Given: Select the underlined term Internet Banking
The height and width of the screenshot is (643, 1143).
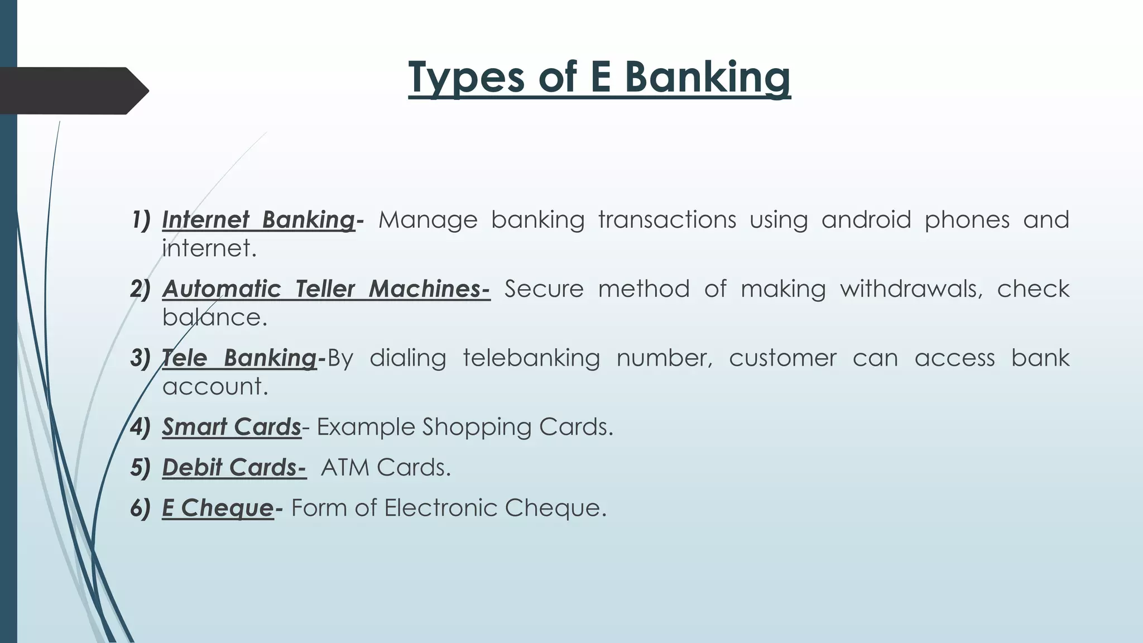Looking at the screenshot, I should coord(258,220).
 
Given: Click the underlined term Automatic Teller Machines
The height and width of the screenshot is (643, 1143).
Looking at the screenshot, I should coord(326,289).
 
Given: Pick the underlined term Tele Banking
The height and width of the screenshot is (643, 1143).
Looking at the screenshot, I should coord(239,358).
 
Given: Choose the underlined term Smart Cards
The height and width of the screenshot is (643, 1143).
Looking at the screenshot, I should coord(232,427).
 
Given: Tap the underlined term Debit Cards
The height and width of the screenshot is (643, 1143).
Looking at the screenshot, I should coord(234,468).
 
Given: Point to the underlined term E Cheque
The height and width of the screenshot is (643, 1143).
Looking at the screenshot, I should coord(218,508).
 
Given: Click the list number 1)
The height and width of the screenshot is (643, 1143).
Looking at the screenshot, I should coord(141,220).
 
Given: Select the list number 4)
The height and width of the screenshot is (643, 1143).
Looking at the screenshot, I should coord(141,427).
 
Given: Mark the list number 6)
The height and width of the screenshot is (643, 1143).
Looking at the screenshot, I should coord(141,508).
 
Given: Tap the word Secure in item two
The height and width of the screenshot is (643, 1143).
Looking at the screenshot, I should coord(544,289).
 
